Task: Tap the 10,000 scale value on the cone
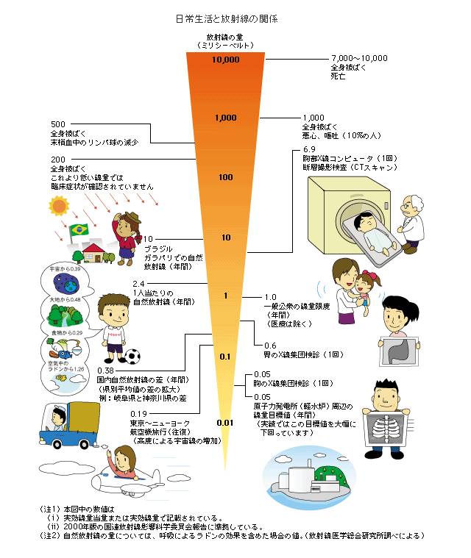226,60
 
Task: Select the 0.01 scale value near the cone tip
225,422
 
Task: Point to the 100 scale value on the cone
225,177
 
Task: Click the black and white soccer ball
132,357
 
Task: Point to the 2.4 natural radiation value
137,283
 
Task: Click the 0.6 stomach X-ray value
270,345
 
